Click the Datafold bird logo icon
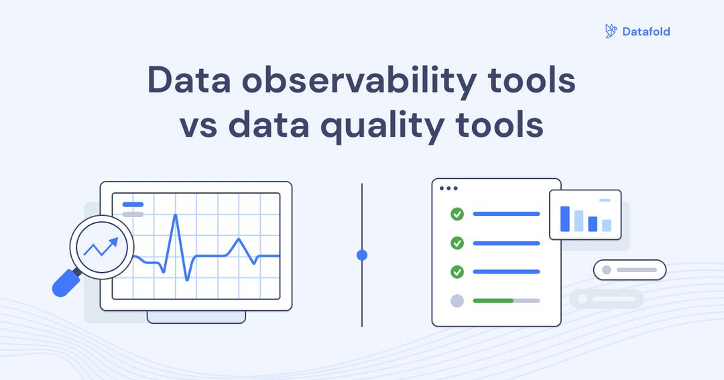point(611,31)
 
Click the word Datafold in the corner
point(646,31)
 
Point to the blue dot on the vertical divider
point(362,255)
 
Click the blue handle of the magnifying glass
point(66,283)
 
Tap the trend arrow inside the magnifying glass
point(101,247)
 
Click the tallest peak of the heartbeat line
point(175,216)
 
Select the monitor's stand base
point(196,317)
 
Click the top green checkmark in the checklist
point(457,214)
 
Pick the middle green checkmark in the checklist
point(457,243)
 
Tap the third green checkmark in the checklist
point(457,271)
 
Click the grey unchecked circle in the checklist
point(457,301)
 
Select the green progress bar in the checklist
point(493,301)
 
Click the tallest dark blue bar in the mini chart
point(565,218)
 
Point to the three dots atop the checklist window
point(448,188)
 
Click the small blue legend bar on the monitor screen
point(133,204)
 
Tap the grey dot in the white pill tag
point(607,270)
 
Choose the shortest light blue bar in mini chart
point(606,225)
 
